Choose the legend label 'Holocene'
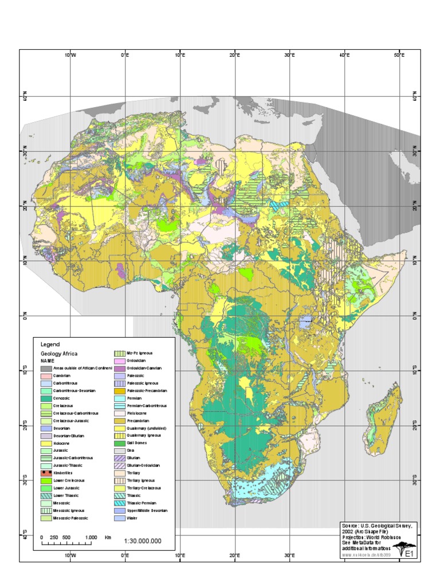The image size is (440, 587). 64,443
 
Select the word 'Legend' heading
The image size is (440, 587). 50,345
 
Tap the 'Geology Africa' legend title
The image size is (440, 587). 58,354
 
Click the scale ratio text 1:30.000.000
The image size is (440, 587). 142,541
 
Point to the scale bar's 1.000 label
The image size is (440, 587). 91,537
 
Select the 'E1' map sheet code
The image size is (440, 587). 410,554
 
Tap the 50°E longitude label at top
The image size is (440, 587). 399,56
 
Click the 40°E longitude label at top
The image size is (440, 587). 344,56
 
